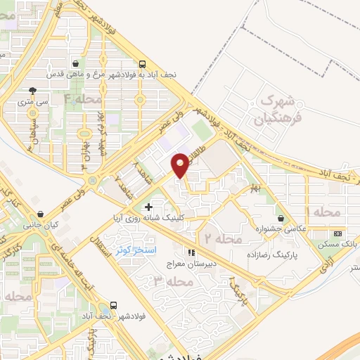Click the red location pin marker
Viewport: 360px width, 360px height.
181,164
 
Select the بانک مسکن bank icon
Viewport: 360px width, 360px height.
338,233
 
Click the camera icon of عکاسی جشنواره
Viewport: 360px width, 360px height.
281,218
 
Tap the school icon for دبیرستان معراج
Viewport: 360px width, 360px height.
190,252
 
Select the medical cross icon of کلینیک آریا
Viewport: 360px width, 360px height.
148,207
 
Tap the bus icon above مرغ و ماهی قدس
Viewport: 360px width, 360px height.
143,63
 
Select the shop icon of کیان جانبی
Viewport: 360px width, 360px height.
40,213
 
